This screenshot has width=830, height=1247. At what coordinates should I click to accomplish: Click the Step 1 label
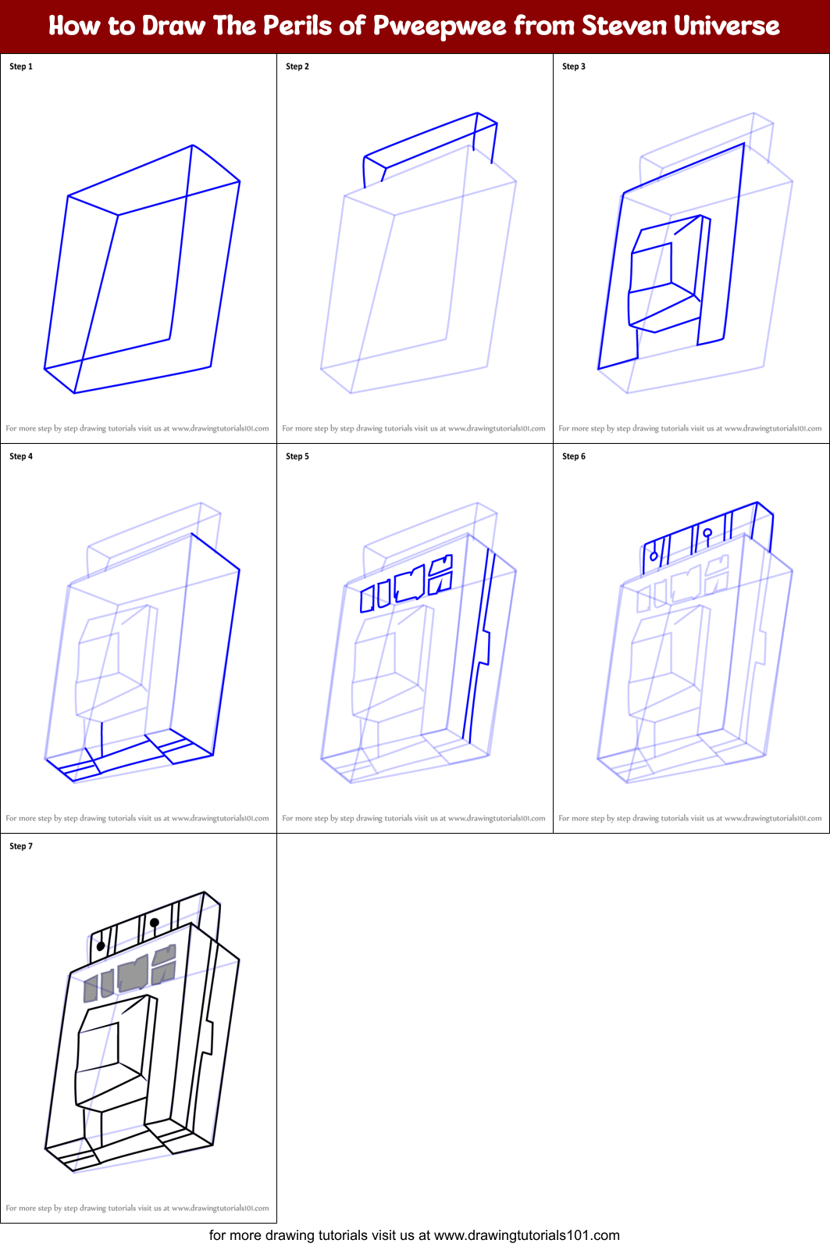point(21,66)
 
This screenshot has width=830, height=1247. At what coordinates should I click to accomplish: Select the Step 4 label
point(21,456)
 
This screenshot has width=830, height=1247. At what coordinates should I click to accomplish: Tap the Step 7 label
point(21,846)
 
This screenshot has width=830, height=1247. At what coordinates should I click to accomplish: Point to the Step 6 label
point(574,456)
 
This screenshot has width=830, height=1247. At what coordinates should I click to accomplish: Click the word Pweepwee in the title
point(440,26)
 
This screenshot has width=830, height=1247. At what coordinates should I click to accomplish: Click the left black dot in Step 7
point(101,946)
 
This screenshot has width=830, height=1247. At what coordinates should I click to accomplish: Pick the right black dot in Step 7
point(155,923)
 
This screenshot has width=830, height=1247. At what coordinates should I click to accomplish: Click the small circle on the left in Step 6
point(654,556)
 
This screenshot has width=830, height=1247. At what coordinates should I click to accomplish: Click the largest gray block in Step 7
point(133,974)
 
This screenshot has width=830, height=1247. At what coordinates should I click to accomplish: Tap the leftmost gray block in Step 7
point(91,989)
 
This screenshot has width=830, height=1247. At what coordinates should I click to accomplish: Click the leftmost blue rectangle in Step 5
point(367,598)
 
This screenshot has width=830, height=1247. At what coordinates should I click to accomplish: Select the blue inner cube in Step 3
point(664,273)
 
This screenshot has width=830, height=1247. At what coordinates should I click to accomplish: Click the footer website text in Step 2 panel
point(414,428)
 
